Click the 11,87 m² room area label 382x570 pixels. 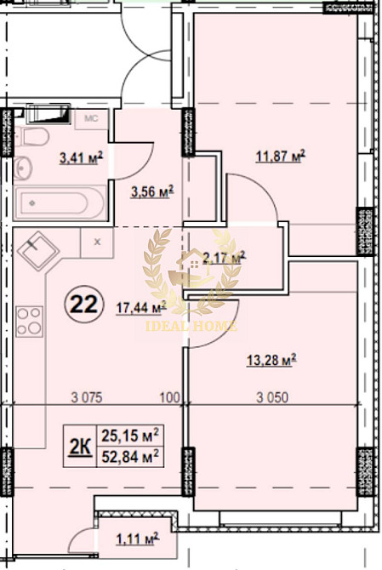point(280,156)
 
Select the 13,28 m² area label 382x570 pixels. point(270,361)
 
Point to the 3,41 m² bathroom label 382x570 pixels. point(80,157)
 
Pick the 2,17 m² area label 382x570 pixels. point(224,256)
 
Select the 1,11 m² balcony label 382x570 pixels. point(137,539)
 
